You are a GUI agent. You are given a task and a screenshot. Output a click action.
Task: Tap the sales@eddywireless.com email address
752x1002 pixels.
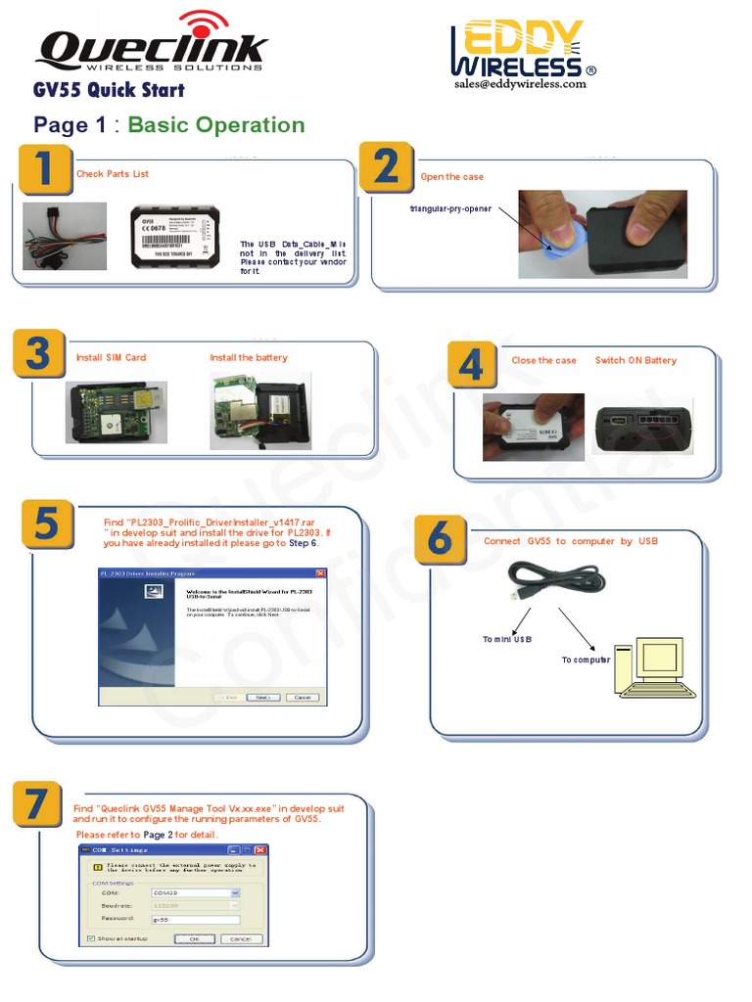pyautogui.click(x=519, y=84)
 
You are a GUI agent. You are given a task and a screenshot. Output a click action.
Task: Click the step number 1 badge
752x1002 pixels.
pyautogui.click(x=44, y=171)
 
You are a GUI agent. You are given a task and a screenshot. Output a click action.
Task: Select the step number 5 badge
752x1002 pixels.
pyautogui.click(x=44, y=526)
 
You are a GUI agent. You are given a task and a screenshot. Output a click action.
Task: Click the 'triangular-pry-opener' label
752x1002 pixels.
pyautogui.click(x=450, y=209)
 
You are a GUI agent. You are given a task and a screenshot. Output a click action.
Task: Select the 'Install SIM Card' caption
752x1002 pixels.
pyautogui.click(x=111, y=358)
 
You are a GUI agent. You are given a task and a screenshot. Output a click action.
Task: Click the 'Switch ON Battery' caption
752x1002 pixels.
pyautogui.click(x=635, y=360)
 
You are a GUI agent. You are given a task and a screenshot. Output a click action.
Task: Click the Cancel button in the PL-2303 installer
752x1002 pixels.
pyautogui.click(x=302, y=698)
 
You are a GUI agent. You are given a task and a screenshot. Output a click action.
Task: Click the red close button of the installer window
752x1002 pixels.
pyautogui.click(x=320, y=572)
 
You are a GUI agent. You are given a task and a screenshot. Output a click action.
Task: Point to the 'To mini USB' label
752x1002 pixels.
pyautogui.click(x=507, y=640)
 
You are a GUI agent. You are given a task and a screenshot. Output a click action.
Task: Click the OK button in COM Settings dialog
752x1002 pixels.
pyautogui.click(x=194, y=937)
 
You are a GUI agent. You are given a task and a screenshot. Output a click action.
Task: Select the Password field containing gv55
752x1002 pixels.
pyautogui.click(x=196, y=920)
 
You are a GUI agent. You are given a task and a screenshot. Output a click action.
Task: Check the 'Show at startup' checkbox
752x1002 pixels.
pyautogui.click(x=91, y=937)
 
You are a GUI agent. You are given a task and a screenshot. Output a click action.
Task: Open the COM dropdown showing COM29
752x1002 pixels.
pyautogui.click(x=235, y=892)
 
